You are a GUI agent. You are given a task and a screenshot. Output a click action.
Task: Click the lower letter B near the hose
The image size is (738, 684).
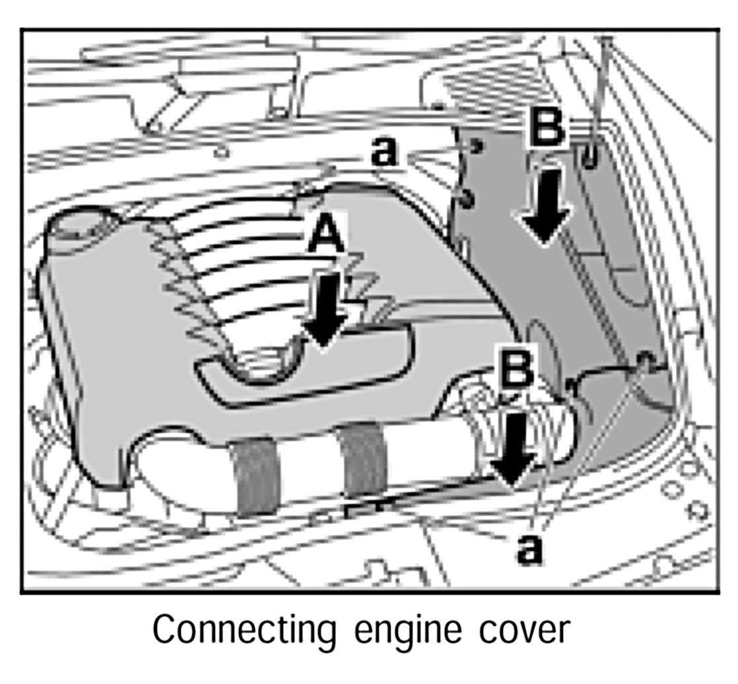[x=518, y=371]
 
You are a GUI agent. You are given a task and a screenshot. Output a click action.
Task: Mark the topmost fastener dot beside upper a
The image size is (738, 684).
[x=475, y=146]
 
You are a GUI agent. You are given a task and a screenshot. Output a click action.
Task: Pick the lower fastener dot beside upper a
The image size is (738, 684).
[x=467, y=197]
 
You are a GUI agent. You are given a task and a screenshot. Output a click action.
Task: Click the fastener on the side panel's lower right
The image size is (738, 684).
[x=644, y=360]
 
